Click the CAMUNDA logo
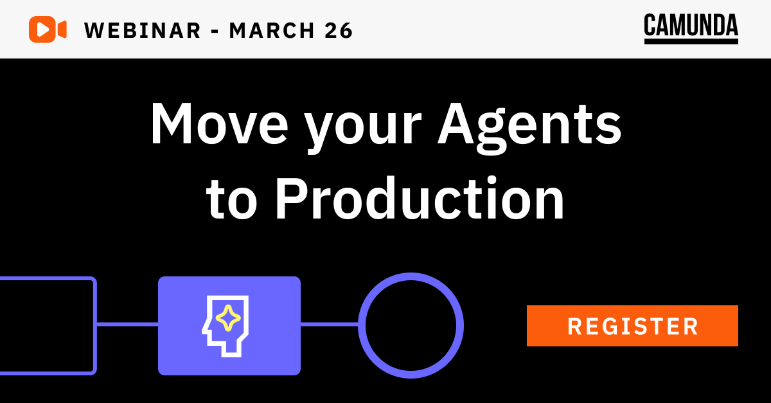(x=691, y=26)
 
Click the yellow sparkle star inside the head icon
(x=227, y=318)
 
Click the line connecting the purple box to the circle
(x=329, y=324)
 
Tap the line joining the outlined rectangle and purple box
(x=127, y=324)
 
